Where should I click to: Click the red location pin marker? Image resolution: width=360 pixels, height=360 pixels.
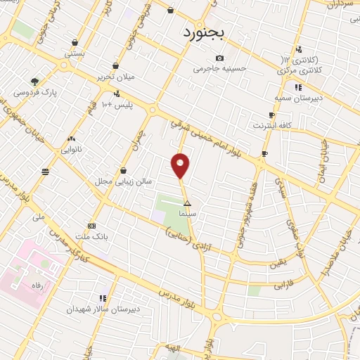coord(181,165)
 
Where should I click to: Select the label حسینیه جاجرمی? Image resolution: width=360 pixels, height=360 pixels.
coord(221,69)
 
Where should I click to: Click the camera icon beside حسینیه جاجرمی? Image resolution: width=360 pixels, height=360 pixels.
coord(220,58)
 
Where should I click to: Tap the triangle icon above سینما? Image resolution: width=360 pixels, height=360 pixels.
coord(186,202)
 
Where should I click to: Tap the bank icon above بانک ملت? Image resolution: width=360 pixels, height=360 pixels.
coord(91,226)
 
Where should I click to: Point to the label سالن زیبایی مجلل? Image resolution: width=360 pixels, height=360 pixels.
coord(124,181)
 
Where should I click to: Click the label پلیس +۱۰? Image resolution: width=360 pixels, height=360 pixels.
coord(117,105)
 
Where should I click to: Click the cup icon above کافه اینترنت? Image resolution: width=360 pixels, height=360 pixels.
coord(271,115)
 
